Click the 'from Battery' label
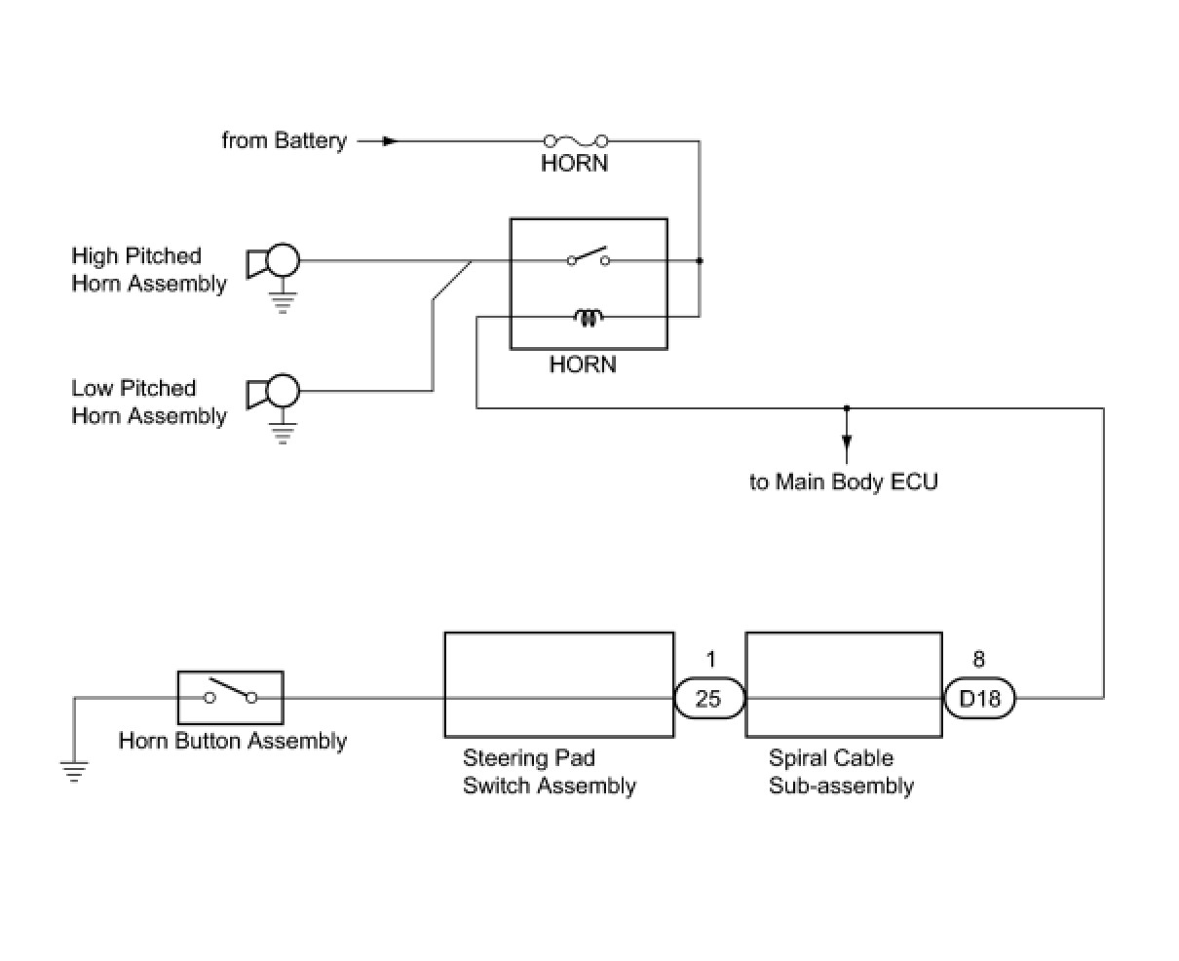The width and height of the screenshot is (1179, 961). (284, 140)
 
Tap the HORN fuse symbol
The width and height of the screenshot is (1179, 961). (576, 140)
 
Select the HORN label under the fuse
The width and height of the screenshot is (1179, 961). (574, 164)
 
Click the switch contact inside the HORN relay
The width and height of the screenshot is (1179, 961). (588, 257)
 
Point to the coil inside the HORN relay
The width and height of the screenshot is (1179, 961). (588, 318)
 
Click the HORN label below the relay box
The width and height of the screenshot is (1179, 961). (583, 365)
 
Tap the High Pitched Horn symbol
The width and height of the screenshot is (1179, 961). (273, 260)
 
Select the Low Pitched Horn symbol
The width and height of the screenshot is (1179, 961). (273, 391)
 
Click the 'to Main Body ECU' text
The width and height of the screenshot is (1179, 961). (843, 481)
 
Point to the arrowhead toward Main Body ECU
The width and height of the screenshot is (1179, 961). (847, 441)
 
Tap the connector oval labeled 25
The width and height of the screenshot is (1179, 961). (709, 698)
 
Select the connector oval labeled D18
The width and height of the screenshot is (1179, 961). (978, 698)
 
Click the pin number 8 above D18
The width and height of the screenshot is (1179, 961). (978, 659)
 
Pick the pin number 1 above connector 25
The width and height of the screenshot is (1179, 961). (711, 659)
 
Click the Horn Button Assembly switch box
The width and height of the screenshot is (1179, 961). (230, 698)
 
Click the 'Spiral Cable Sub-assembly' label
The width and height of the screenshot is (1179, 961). (841, 771)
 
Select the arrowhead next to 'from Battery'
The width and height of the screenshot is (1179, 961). (390, 141)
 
